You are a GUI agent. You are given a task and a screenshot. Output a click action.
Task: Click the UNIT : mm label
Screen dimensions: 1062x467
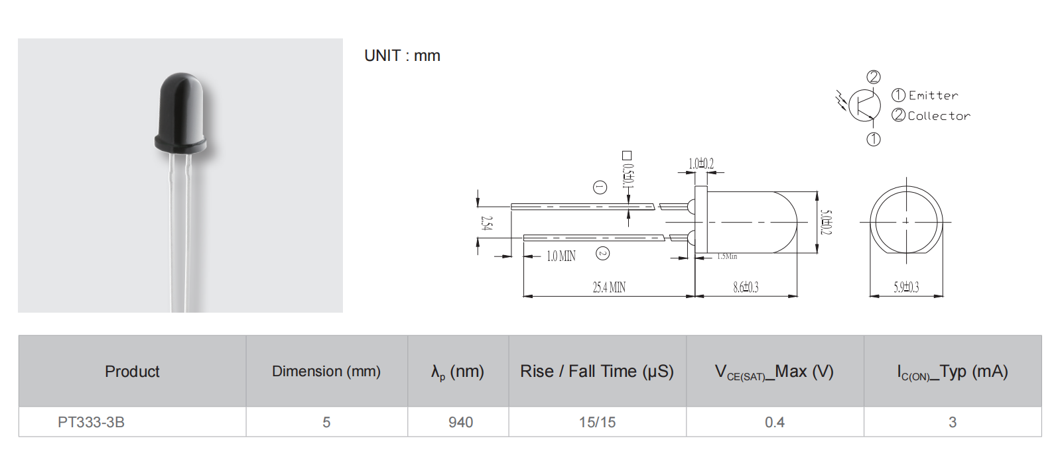pos(402,56)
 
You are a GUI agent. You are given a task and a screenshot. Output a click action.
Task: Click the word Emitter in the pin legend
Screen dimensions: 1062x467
pos(933,95)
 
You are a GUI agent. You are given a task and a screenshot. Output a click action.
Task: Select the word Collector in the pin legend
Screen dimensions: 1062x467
pos(939,115)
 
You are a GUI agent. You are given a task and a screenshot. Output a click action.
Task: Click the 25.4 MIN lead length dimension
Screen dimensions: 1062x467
pos(609,287)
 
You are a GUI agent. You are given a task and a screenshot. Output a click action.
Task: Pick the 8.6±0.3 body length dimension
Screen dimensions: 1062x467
pos(746,287)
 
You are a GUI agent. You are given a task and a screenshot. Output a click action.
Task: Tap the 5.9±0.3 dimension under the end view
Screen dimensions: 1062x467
pos(906,287)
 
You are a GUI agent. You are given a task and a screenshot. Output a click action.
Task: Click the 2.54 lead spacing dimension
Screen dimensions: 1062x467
pos(487,223)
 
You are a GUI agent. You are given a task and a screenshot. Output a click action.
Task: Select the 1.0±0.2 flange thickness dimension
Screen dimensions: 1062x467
pos(701,164)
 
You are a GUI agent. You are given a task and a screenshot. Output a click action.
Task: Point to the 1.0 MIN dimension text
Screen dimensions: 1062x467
pos(561,256)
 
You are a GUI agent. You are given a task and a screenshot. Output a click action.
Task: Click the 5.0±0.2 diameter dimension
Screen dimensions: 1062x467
pos(827,222)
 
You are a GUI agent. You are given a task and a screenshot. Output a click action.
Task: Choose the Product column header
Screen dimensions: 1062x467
pos(132,372)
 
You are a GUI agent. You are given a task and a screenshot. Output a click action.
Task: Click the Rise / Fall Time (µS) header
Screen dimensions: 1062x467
pos(597,372)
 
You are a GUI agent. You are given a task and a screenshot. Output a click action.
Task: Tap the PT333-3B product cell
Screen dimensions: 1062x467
pos(91,422)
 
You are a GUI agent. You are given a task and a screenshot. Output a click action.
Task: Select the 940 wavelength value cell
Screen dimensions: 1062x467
pos(460,422)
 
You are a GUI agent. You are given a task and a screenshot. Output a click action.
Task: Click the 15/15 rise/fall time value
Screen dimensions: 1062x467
pos(597,422)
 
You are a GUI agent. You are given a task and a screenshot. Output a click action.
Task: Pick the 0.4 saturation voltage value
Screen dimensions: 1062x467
pos(775,422)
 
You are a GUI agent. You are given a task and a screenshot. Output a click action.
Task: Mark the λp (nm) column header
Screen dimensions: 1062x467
pos(458,372)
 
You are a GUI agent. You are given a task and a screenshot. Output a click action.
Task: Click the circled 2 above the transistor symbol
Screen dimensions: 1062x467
pos(874,77)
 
